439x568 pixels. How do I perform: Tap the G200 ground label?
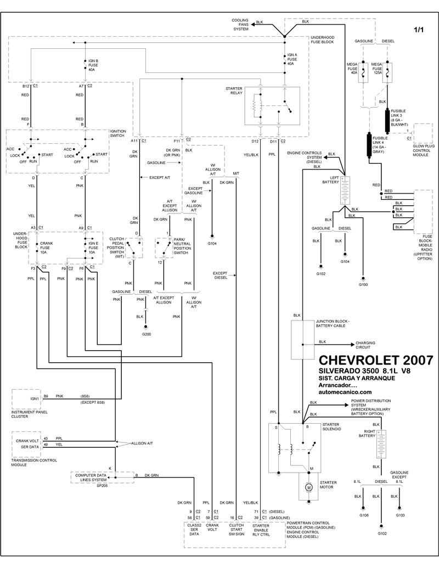[x=146, y=334]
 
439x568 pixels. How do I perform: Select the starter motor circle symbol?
[x=308, y=487]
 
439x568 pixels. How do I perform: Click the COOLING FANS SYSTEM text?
[x=240, y=25]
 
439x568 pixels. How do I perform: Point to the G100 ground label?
[x=363, y=285]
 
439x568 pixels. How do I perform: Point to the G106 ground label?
[x=364, y=516]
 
